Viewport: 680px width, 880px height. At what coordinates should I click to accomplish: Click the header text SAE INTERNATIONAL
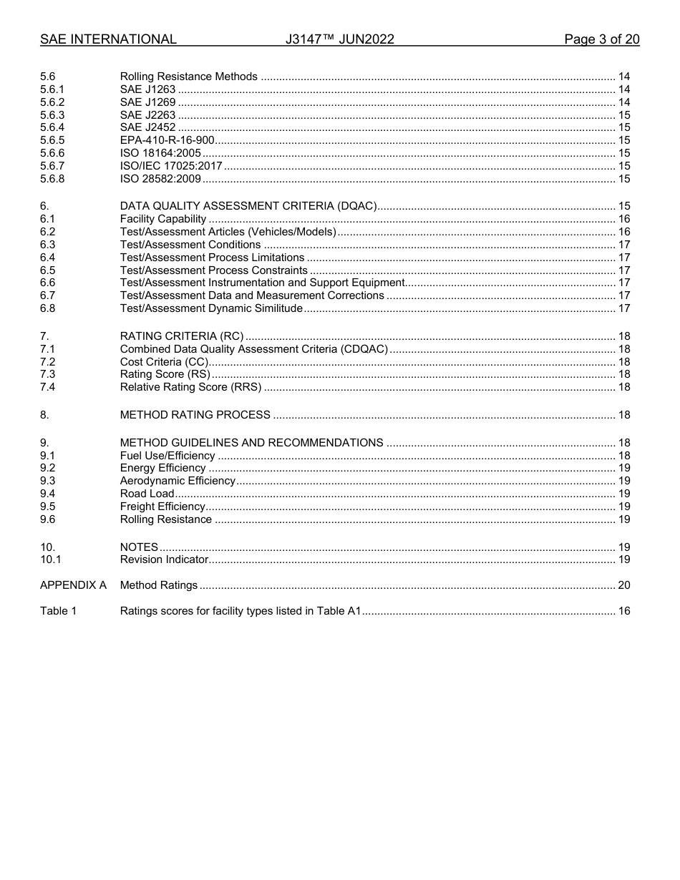pyautogui.click(x=108, y=39)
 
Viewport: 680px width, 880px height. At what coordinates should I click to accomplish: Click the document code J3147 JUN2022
pyautogui.click(x=339, y=39)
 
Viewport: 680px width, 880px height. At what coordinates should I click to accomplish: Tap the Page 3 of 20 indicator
pyautogui.click(x=601, y=39)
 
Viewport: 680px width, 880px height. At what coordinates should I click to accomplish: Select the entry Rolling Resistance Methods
pyautogui.click(x=188, y=77)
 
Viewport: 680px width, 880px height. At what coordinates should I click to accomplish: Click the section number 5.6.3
pyautogui.click(x=52, y=115)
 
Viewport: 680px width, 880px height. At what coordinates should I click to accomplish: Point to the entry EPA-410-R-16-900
pyautogui.click(x=167, y=140)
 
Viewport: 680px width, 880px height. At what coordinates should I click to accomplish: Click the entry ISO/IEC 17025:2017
pyautogui.click(x=171, y=166)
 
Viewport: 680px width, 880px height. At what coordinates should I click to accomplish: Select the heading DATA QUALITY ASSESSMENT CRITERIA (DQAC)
pyautogui.click(x=248, y=206)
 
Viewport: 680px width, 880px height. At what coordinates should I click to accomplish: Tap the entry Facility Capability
pyautogui.click(x=163, y=219)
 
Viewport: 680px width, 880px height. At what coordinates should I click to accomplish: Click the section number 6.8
pyautogui.click(x=48, y=308)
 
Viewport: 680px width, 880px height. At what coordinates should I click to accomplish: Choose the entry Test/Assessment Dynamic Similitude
pyautogui.click(x=211, y=308)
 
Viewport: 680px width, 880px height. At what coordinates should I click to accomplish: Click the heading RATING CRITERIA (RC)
pyautogui.click(x=182, y=336)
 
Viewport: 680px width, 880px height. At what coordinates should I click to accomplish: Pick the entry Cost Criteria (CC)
pyautogui.click(x=164, y=362)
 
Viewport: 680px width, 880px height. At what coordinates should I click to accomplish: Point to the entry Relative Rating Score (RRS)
pyautogui.click(x=190, y=387)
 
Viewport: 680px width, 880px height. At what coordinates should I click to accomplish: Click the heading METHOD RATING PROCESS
pyautogui.click(x=195, y=415)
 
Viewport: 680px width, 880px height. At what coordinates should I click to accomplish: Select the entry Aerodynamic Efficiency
pyautogui.click(x=178, y=481)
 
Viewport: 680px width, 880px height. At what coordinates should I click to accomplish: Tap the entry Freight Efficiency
pyautogui.click(x=162, y=507)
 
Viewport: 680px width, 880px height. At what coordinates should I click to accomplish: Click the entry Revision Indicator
pyautogui.click(x=164, y=559)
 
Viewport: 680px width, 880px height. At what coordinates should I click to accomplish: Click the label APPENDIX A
pyautogui.click(x=73, y=585)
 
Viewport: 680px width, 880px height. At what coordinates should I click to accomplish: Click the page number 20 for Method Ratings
pyautogui.click(x=623, y=585)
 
